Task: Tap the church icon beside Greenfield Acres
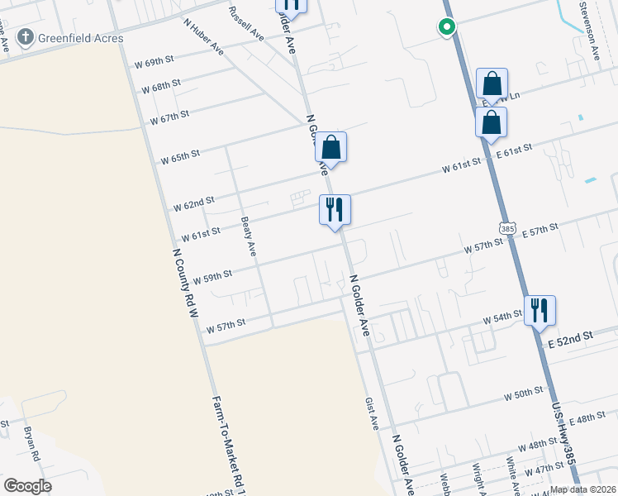pos(26,37)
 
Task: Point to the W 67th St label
pos(169,118)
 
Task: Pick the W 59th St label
pos(212,274)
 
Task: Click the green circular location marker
pos(446,27)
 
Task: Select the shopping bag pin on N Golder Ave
pos(330,148)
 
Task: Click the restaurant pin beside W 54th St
pos(539,311)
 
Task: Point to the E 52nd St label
pos(571,336)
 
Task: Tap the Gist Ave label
pos(371,413)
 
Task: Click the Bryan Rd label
pos(32,444)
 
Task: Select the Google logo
pos(27,485)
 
